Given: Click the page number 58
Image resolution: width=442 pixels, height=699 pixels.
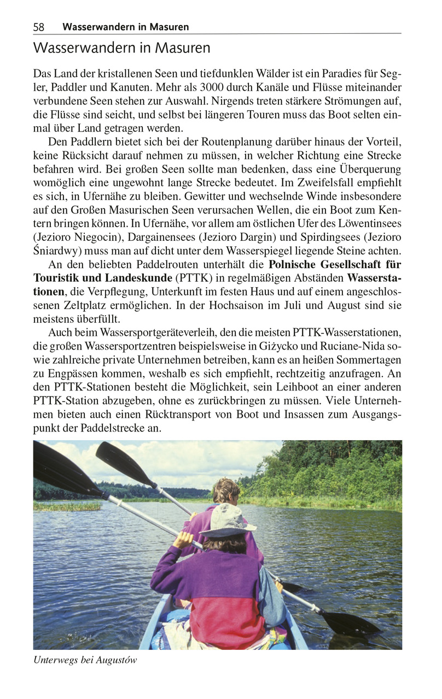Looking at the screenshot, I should [39, 27].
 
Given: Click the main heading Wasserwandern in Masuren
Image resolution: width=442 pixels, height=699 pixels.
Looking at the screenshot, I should [121, 48].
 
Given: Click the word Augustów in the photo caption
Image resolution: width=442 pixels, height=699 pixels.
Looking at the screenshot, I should [117, 660].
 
